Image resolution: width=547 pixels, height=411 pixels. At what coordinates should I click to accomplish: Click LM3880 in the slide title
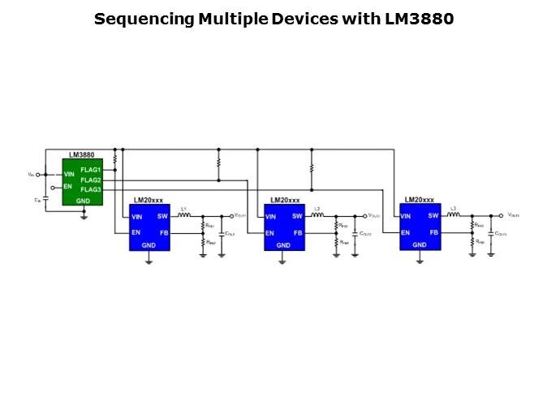pyautogui.click(x=419, y=19)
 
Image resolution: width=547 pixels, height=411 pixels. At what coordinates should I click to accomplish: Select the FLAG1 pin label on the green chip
pyautogui.click(x=90, y=170)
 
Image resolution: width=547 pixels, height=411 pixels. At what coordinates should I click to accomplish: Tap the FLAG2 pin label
pyautogui.click(x=90, y=180)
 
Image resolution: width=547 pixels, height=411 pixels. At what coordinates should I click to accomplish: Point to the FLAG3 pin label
pyautogui.click(x=90, y=189)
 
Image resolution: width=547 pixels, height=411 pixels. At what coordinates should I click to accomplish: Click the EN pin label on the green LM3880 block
pyautogui.click(x=68, y=186)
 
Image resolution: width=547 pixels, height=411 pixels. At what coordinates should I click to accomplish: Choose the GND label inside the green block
pyautogui.click(x=83, y=200)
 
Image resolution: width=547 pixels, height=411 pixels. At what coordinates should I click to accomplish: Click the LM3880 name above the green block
pyautogui.click(x=82, y=154)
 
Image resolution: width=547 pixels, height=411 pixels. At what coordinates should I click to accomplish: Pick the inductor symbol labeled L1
pyautogui.click(x=184, y=216)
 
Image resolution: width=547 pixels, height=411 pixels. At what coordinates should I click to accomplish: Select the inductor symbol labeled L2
pyautogui.click(x=318, y=216)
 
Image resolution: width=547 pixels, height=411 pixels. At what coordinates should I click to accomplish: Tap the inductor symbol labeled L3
pyautogui.click(x=454, y=216)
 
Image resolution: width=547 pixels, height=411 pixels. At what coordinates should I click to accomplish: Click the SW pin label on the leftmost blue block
pyautogui.click(x=162, y=216)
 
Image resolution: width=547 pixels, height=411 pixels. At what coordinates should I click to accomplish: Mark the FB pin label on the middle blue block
pyautogui.click(x=298, y=233)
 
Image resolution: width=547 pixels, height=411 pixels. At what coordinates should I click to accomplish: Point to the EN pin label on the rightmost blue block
pyautogui.click(x=404, y=233)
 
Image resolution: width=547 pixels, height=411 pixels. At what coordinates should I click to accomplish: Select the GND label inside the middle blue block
pyautogui.click(x=283, y=244)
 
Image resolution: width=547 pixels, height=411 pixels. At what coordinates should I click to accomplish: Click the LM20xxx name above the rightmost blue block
pyautogui.click(x=419, y=200)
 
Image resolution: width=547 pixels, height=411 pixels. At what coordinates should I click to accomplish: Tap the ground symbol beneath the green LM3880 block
pyautogui.click(x=84, y=215)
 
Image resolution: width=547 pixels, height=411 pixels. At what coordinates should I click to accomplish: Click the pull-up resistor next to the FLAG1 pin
pyautogui.click(x=115, y=161)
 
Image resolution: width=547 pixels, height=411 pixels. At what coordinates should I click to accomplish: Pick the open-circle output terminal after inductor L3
pyautogui.click(x=501, y=216)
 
